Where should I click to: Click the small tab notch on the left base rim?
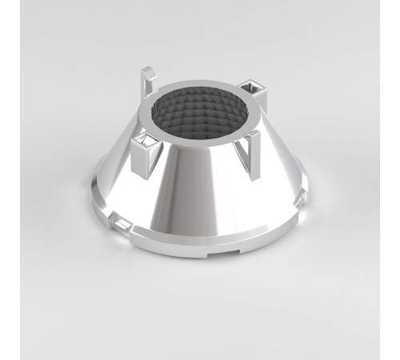pyautogui.click(x=118, y=218)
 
